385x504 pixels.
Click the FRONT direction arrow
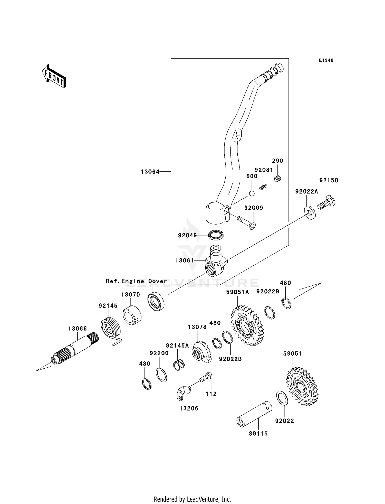tap(54, 76)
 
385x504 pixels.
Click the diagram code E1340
tap(326, 60)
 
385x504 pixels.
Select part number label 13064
tap(150, 172)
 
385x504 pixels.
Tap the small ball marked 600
tap(252, 193)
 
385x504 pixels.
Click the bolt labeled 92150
tap(326, 202)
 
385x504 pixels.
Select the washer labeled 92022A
tap(310, 213)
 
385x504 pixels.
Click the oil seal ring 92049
tap(216, 235)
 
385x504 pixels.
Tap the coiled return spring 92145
tap(111, 329)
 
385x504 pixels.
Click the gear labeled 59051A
tap(247, 325)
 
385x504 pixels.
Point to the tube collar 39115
tap(254, 414)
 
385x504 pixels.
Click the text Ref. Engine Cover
tap(136, 281)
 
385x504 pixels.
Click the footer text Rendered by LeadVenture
tap(192, 499)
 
